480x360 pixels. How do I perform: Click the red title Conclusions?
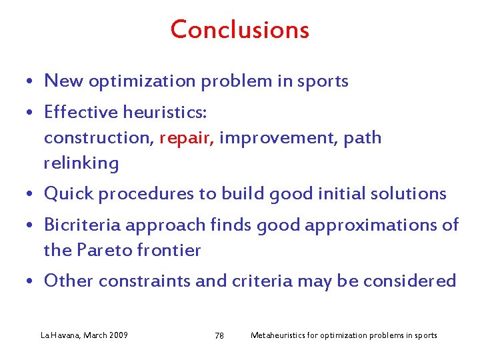point(239,30)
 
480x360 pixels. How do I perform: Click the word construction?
point(99,138)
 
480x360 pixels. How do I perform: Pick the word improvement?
point(279,138)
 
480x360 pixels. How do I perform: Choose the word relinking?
point(81,163)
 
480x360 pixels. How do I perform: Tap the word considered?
point(410,281)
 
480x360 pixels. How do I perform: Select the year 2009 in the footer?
point(117,335)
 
